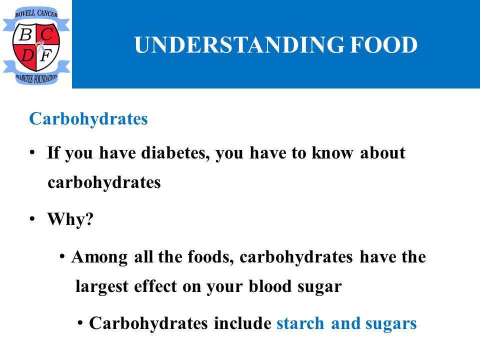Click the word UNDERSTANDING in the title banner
tap(239, 44)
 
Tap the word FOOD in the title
tap(384, 44)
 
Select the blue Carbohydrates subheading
tap(88, 119)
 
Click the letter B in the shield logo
tap(25, 34)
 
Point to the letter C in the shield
tap(47, 34)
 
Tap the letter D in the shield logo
tap(27, 55)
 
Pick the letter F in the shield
tap(45, 55)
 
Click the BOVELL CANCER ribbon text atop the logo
tap(36, 13)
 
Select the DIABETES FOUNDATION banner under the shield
tap(36, 78)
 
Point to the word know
tap(332, 153)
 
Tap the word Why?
tap(70, 219)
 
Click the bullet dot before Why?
tap(32, 219)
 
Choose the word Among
tap(99, 257)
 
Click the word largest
tap(102, 287)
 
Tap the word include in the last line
tap(242, 323)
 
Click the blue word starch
tap(300, 323)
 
